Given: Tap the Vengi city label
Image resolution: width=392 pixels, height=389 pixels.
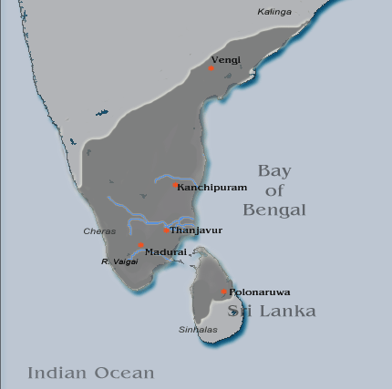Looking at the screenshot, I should coord(226,60).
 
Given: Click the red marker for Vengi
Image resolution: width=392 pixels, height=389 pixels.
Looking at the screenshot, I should coord(211,67).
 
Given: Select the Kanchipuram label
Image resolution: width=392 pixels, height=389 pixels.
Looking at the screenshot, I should coord(212,187).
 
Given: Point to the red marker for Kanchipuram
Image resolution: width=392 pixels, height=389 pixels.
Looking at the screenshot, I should coord(175,185).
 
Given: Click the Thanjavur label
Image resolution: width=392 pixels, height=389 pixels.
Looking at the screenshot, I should coord(196,230).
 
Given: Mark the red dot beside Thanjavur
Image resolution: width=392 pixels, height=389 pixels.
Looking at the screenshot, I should coord(166,230).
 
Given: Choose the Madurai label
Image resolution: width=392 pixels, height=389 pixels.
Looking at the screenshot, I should coord(166,251).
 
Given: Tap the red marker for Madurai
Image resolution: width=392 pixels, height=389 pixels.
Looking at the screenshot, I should coord(140,245).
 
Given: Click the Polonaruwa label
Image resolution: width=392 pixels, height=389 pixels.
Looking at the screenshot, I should coord(260,292).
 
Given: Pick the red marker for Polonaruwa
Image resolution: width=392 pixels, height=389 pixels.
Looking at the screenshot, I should coord(224,292).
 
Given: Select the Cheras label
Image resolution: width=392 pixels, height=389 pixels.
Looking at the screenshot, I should coord(98,231).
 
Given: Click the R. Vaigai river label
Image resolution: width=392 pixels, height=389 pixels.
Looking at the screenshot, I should coord(119,261).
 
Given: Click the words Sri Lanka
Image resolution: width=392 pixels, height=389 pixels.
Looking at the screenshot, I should coord(272,312).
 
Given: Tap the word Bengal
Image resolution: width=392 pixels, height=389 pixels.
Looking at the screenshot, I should coord(274,210).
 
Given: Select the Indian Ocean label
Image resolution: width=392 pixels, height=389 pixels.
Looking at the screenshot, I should coord(90,373).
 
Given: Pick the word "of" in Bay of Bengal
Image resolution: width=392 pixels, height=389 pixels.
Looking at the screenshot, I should coord(273,189).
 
